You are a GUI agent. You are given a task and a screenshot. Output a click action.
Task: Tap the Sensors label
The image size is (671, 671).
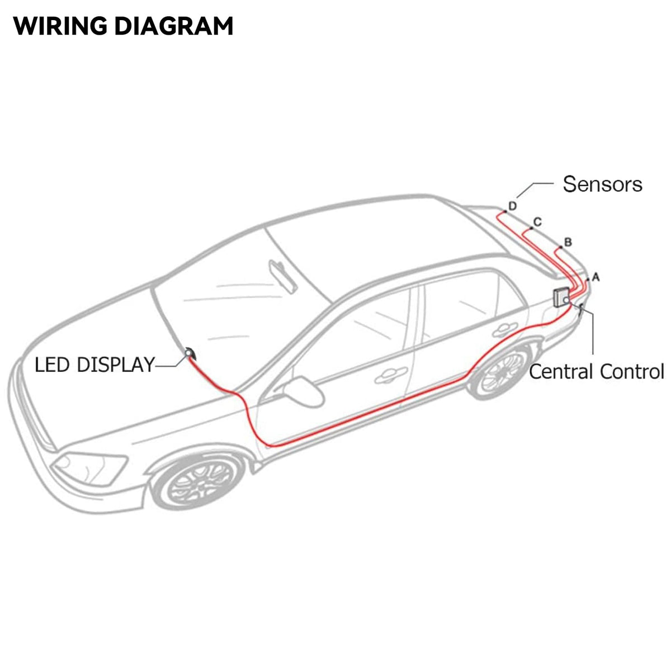coord(602,184)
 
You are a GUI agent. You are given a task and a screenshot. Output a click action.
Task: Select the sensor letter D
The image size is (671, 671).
coord(512,206)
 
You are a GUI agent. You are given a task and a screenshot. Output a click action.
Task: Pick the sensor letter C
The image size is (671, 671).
coord(537,222)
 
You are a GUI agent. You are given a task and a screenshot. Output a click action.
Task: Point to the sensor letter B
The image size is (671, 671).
coord(568,242)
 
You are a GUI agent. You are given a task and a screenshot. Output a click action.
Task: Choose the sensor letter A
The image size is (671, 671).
coord(596,276)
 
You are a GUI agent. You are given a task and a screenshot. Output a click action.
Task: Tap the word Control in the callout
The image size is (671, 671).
coord(632,371)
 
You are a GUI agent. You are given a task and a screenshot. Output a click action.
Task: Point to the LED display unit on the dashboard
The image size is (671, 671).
coord(189,352)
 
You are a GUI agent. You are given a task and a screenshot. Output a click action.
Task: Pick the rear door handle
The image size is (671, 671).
coord(505,330)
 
